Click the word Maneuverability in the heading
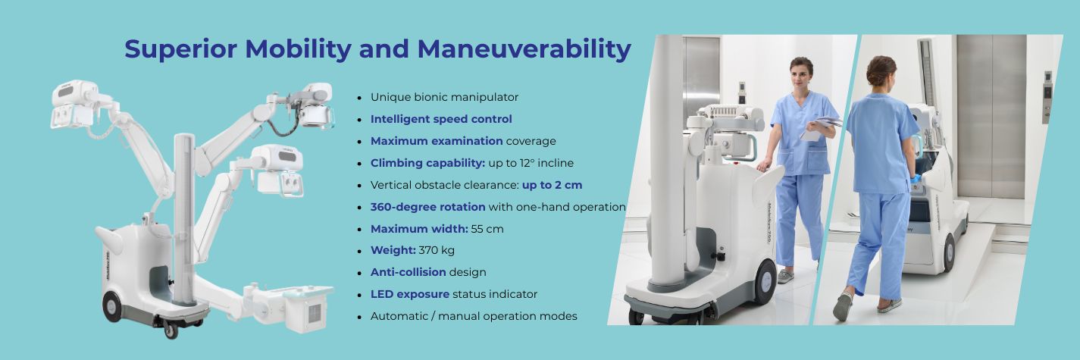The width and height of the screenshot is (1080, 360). (x=524, y=49)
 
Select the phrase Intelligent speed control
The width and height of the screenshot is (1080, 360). (x=441, y=119)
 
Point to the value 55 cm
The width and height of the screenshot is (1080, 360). (x=487, y=228)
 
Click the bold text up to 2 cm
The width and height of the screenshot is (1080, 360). (x=552, y=185)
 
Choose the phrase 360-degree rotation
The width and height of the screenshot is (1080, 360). (x=427, y=207)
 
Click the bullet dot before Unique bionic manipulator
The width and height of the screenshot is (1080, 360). (x=359, y=98)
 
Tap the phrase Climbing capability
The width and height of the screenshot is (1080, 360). (x=427, y=163)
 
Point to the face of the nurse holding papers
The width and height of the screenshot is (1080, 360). (x=800, y=76)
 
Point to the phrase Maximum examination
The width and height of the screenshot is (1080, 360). (x=437, y=141)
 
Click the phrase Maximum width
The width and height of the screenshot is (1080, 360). (x=419, y=228)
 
